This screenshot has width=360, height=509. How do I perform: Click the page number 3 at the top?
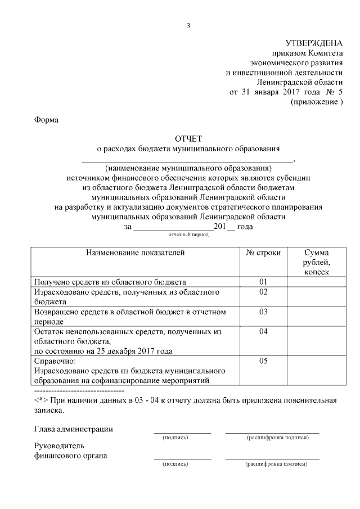pos(189,25)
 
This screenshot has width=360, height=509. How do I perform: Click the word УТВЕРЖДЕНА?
pos(313,42)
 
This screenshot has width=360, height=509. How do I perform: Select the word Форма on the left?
pos(47,119)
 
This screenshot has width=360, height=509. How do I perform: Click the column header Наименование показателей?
pos(135,253)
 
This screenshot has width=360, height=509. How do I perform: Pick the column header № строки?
pos(263,253)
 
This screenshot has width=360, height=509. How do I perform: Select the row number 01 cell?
pos(263,281)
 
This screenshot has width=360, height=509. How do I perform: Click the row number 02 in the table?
pos(263,292)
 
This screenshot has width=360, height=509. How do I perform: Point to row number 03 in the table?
pos(263,312)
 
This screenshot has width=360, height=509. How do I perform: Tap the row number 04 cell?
pos(263,331)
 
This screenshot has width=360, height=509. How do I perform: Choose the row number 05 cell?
pos(263,361)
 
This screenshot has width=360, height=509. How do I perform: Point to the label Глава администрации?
pos(73,429)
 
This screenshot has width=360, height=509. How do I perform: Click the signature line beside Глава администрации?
pos(182,432)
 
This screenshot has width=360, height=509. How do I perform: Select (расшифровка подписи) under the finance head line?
pos(276,465)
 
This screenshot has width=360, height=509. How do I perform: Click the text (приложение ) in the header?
pos(316,102)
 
